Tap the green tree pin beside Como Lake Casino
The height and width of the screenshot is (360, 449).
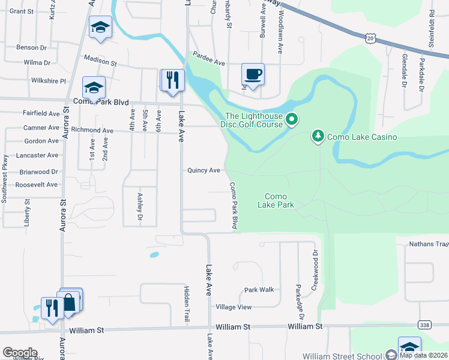318,137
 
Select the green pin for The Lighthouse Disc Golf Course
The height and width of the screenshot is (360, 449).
292,120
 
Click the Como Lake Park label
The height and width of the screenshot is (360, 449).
276,200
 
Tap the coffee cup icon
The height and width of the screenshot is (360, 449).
253,75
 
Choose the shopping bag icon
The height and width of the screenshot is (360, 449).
70,302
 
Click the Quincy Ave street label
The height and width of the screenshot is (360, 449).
203,170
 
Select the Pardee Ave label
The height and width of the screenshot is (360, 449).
208,63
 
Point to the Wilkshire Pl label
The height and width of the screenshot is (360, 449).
48,80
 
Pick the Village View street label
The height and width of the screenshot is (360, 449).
234,307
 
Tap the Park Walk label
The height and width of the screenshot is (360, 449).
259,290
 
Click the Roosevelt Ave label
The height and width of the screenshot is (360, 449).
37,185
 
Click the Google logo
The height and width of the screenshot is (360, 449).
20,353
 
